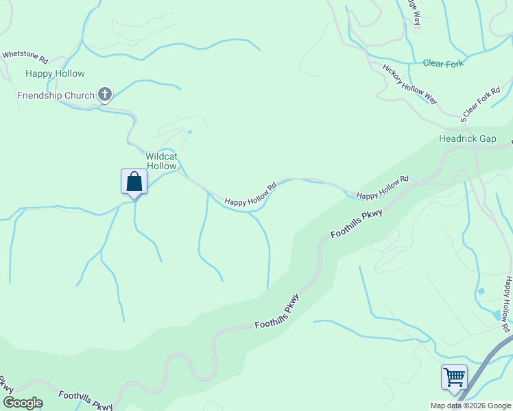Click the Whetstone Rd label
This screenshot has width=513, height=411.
(x=25, y=54)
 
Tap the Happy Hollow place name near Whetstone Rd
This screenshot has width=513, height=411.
(x=55, y=73)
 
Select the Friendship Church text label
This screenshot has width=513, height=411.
(x=56, y=95)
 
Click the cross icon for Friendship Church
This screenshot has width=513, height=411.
(x=105, y=95)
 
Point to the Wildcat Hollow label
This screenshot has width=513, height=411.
(x=161, y=161)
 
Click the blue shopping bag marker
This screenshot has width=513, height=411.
(x=134, y=182)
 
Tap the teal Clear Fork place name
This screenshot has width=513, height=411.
(x=443, y=64)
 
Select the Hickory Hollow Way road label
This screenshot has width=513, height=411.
(x=410, y=84)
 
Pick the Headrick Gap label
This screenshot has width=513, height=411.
(x=467, y=138)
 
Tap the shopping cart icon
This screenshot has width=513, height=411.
(x=454, y=377)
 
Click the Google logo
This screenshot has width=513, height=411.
(x=22, y=403)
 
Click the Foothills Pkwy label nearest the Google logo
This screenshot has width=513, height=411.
(x=85, y=400)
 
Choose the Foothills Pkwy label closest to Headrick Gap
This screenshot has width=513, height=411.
(x=356, y=224)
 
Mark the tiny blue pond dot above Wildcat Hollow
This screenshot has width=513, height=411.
(x=190, y=132)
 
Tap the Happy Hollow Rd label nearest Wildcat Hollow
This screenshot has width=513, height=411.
(x=250, y=194)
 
